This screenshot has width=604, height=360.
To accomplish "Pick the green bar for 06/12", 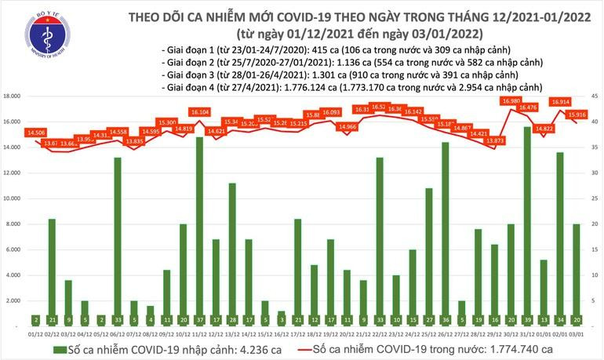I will point(117,236).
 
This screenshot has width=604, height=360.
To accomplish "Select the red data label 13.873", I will point(494,140).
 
